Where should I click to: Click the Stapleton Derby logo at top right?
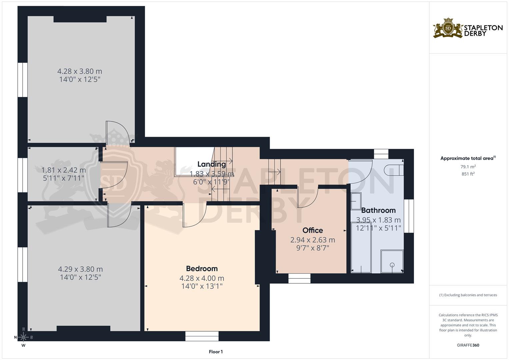(x=468, y=28)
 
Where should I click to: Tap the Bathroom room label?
(x=378, y=210)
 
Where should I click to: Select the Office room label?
(x=313, y=230)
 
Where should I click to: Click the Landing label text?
(x=212, y=164)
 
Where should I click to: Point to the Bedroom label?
(x=202, y=269)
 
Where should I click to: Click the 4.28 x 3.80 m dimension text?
(x=80, y=71)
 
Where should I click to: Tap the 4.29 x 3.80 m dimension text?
(x=80, y=269)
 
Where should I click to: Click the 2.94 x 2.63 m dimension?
(x=313, y=240)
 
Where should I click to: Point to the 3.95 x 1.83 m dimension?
(x=378, y=220)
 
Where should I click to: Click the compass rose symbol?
(x=23, y=337)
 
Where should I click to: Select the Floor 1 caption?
(x=216, y=352)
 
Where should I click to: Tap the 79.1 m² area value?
(x=468, y=166)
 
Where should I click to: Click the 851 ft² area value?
(x=468, y=174)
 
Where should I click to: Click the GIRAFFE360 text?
(x=468, y=345)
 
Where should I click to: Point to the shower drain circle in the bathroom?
(x=392, y=265)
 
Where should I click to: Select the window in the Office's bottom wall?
(x=299, y=278)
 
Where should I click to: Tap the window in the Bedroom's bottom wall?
(x=202, y=336)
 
